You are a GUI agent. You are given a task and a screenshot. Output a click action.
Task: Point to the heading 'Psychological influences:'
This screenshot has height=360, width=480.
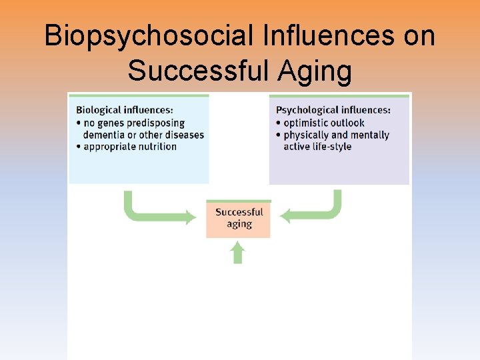pos(333,111)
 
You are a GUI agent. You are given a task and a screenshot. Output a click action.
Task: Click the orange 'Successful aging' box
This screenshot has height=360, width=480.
pos(239,218)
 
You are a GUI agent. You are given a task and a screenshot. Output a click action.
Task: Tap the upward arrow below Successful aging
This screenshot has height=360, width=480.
pos(238,253)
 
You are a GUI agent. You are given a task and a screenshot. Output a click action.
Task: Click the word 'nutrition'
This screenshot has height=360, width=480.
pos(158,147)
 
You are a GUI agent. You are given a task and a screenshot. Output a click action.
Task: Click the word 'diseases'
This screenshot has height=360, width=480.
pos(184,135)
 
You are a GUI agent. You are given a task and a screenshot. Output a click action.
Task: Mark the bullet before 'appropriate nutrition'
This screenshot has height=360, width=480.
pos(78,147)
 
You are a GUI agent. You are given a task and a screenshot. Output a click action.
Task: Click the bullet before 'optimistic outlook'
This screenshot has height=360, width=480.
pos(278,123)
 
